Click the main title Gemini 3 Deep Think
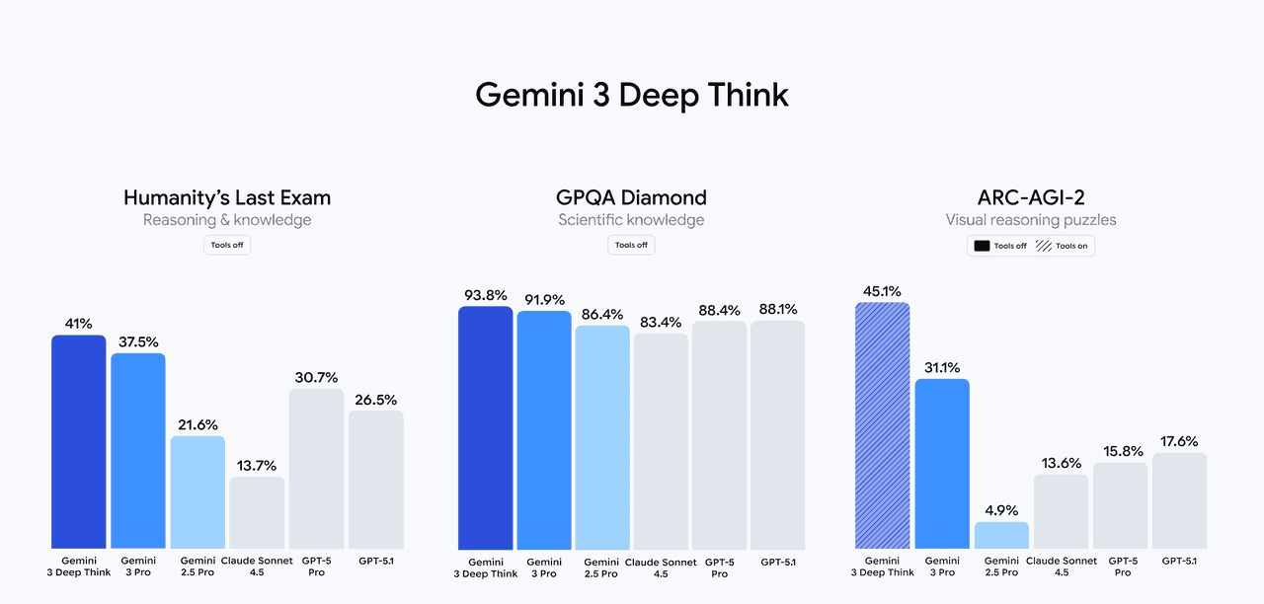click(x=632, y=95)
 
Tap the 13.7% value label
click(x=257, y=466)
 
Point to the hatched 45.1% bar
click(x=882, y=425)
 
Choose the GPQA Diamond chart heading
click(x=632, y=197)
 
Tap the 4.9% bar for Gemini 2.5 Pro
click(x=1001, y=535)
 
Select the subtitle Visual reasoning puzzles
click(x=1031, y=220)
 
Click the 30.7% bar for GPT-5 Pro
click(x=316, y=469)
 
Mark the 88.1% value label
click(x=777, y=309)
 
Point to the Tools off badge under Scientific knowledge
click(x=631, y=245)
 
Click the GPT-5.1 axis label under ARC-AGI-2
click(x=1179, y=561)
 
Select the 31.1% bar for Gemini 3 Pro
click(x=942, y=464)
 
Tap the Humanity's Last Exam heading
click(x=227, y=197)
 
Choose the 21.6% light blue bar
click(x=197, y=492)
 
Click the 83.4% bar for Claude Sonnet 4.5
click(x=661, y=441)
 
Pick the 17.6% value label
click(x=1179, y=441)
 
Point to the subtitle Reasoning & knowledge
click(x=227, y=220)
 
